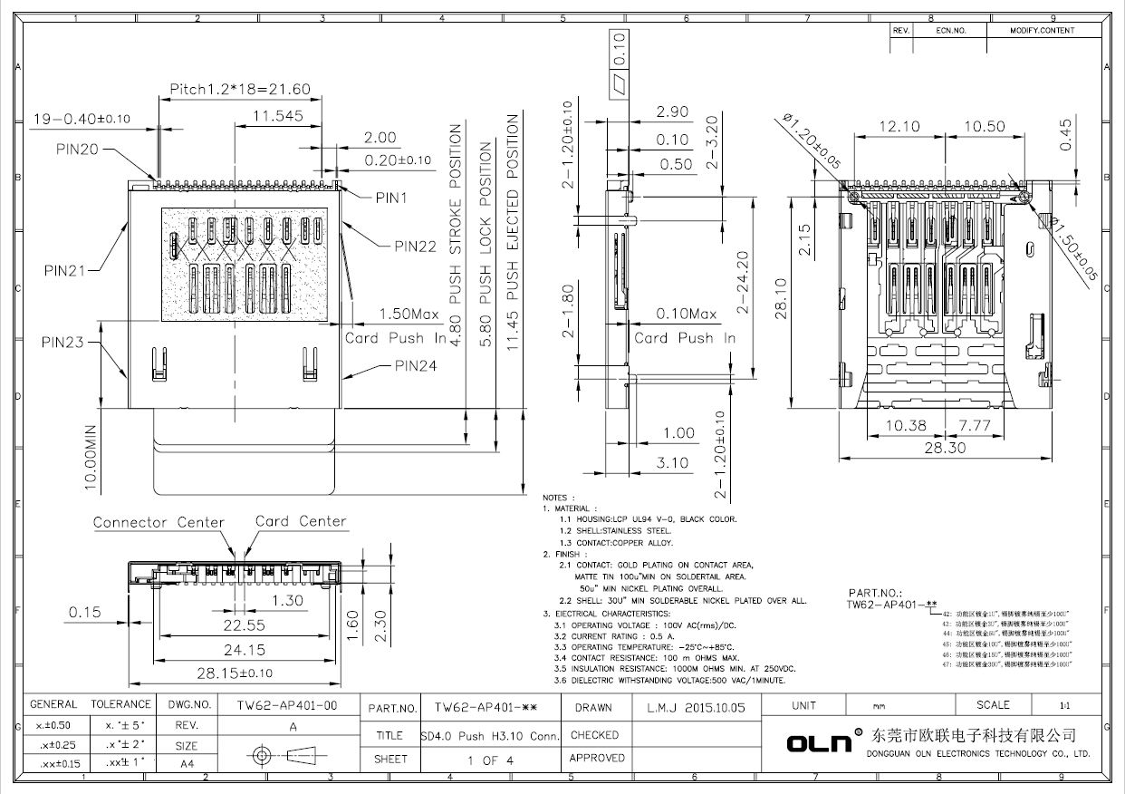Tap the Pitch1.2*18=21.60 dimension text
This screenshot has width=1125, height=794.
coord(240,89)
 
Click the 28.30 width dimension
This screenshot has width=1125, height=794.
coord(943,447)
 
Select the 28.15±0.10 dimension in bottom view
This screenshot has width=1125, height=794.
coord(235,673)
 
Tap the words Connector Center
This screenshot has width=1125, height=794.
coord(159,522)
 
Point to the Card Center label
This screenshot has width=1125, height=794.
coord(301,521)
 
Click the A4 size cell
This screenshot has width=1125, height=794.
coord(187,764)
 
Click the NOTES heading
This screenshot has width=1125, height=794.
coord(557,498)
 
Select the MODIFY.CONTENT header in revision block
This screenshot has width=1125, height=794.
coord(1042,31)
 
